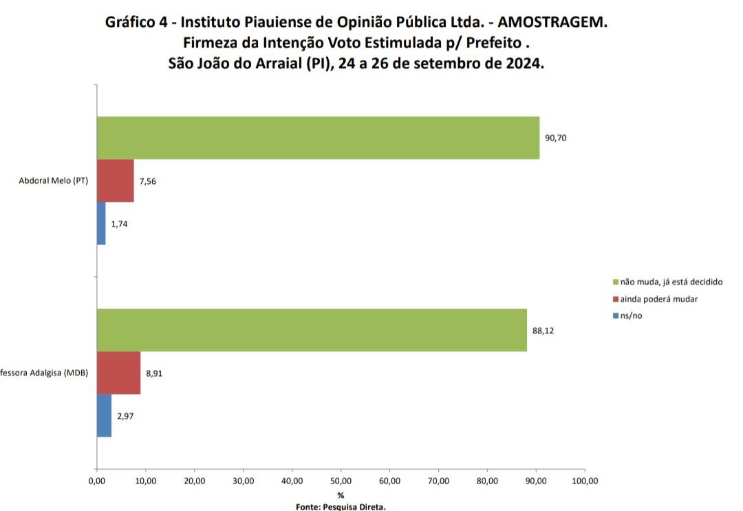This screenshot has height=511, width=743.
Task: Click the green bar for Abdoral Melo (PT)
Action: point(318,138)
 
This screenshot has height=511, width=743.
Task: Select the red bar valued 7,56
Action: point(116,180)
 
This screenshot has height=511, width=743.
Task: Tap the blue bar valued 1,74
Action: point(101,223)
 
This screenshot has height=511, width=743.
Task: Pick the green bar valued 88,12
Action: point(312,331)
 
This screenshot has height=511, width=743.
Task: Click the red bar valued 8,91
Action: point(119,373)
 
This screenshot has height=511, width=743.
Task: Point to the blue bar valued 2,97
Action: point(105,416)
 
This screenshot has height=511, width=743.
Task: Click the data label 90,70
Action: point(555,138)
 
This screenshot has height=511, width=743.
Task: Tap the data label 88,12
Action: point(543,331)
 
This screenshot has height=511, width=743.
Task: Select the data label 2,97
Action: point(126,416)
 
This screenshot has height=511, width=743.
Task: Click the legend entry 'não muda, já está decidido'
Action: point(667,282)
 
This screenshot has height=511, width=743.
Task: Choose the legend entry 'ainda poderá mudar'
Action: point(656,299)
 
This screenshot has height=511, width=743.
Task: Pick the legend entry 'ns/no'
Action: point(627,315)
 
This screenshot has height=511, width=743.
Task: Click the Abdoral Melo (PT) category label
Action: point(54,180)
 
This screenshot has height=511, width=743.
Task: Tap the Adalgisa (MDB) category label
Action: point(44,373)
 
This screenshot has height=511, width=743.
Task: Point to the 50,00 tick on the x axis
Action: point(341,481)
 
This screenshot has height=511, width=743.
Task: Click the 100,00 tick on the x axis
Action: point(585,481)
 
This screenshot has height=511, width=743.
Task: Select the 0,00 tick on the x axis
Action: point(97,481)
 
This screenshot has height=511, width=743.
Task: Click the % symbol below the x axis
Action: point(341,495)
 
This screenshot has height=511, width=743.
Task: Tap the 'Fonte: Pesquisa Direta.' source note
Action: point(341,507)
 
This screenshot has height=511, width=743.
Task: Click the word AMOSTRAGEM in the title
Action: point(552,22)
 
